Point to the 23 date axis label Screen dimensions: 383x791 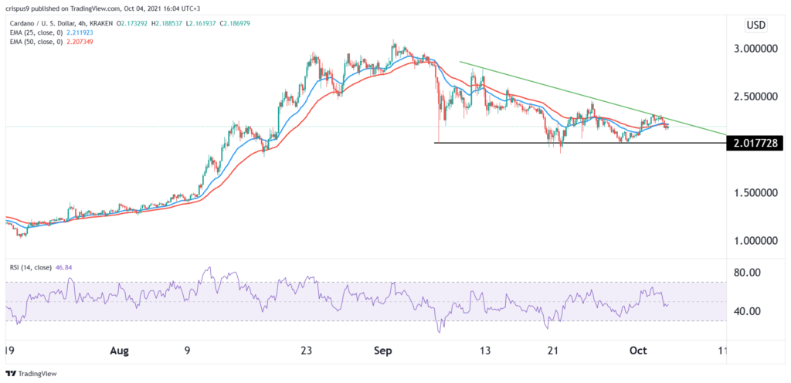tap(305, 350)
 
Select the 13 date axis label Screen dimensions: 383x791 tap(484, 350)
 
